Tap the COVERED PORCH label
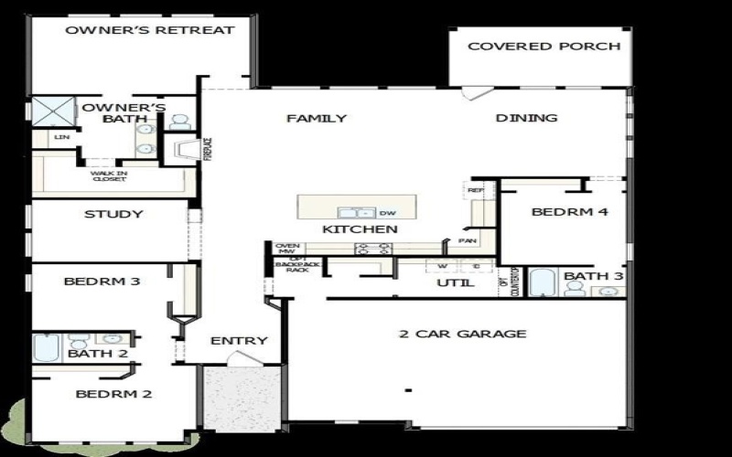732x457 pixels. (x=544, y=46)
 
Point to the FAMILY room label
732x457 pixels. (x=317, y=118)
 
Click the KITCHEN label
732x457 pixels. (x=360, y=228)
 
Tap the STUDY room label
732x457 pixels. (x=113, y=215)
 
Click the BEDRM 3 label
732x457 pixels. (x=102, y=282)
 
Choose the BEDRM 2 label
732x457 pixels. (x=113, y=395)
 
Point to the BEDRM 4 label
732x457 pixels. (x=571, y=212)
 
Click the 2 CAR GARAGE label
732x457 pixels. (x=463, y=334)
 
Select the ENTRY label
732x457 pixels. (x=239, y=341)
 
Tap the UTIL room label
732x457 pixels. (x=455, y=283)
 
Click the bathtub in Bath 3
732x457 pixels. (x=543, y=282)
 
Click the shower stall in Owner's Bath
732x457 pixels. (x=53, y=112)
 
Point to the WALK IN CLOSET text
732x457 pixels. (x=109, y=175)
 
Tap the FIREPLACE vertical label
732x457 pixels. (x=208, y=149)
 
